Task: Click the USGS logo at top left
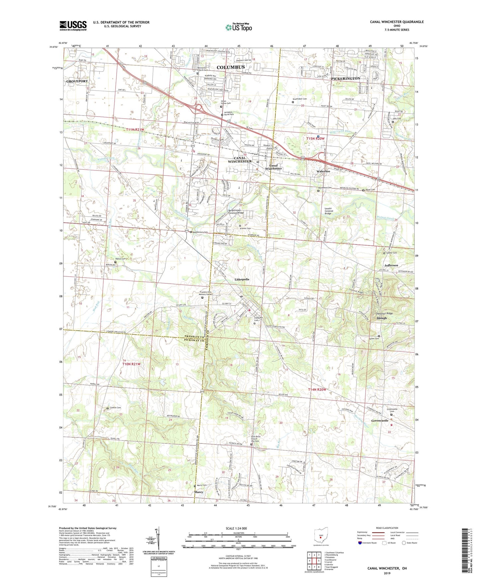[x=73, y=26]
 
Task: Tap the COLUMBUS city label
[x=231, y=67]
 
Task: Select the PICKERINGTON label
[x=345, y=78]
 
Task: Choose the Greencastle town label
[x=380, y=421]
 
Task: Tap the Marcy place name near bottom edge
[x=199, y=492]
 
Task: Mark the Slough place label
[x=382, y=318]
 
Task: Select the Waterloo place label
[x=323, y=171]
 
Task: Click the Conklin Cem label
[x=115, y=408]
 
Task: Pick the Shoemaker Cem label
[x=300, y=99]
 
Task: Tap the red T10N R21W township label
[x=132, y=364]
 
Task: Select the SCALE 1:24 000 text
[x=236, y=528]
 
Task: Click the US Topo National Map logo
[x=238, y=27]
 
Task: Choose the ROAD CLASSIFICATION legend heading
[x=387, y=528]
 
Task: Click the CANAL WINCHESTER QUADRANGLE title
[x=397, y=22]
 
